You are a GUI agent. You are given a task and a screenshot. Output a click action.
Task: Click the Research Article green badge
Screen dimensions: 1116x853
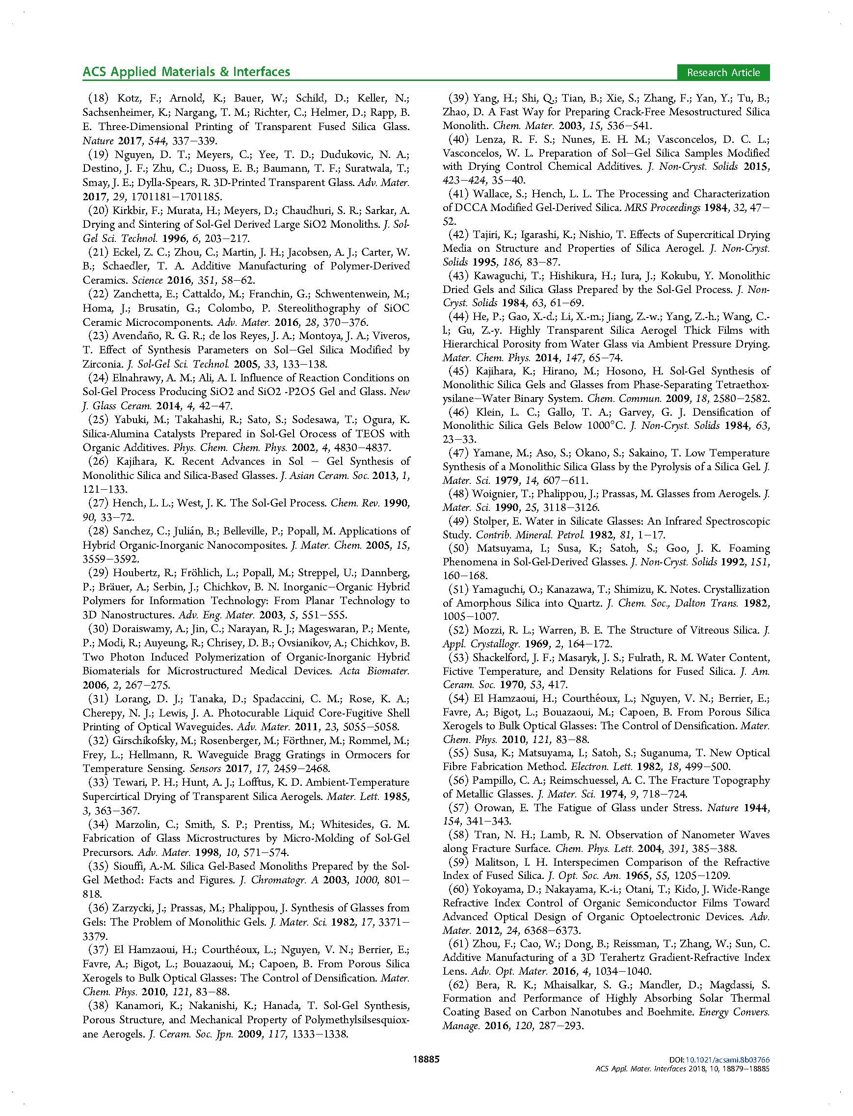click(x=723, y=73)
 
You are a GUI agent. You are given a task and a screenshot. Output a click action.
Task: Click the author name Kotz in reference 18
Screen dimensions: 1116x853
click(x=129, y=99)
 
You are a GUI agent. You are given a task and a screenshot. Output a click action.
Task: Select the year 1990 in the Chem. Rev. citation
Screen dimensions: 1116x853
click(x=396, y=503)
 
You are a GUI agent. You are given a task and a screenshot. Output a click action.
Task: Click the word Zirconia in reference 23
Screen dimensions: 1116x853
click(x=100, y=364)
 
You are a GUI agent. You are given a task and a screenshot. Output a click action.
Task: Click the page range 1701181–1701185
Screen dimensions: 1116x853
click(x=162, y=196)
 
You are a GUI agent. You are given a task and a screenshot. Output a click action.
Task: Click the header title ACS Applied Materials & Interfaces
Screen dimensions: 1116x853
click(x=187, y=72)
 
